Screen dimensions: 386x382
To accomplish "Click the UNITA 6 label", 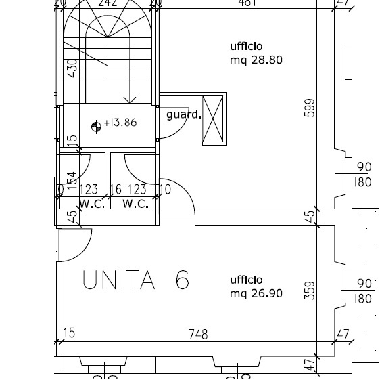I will click(135, 280).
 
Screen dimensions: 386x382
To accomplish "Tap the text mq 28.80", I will click(256, 60).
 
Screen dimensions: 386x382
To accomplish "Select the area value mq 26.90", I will click(256, 293).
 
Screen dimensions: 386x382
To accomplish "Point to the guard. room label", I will click(184, 114).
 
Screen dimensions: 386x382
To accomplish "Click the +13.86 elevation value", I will click(120, 123).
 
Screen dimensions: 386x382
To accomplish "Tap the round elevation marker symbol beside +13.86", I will click(96, 125).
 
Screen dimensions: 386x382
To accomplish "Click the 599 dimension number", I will click(310, 108).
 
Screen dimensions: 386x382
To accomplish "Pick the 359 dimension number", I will click(310, 290).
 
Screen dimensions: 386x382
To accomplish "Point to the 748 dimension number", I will click(198, 334).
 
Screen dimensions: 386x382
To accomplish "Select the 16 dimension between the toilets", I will click(116, 190).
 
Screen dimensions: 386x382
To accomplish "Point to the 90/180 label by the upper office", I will click(364, 175).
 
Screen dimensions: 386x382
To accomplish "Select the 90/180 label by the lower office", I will click(364, 291).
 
